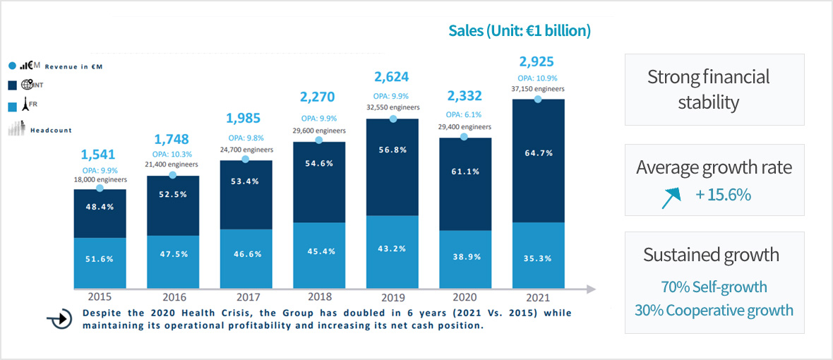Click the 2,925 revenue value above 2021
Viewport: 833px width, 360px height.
pos(538,61)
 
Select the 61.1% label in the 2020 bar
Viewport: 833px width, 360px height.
pos(465,170)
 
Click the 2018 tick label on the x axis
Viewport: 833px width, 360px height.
pos(318,296)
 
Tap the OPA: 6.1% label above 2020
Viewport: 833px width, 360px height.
pos(465,114)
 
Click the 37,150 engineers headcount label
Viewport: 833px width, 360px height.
pos(538,88)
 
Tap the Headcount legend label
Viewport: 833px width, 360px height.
pos(51,130)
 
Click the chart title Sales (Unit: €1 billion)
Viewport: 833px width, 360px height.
pos(520,31)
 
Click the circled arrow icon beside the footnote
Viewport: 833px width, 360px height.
pos(61,319)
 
